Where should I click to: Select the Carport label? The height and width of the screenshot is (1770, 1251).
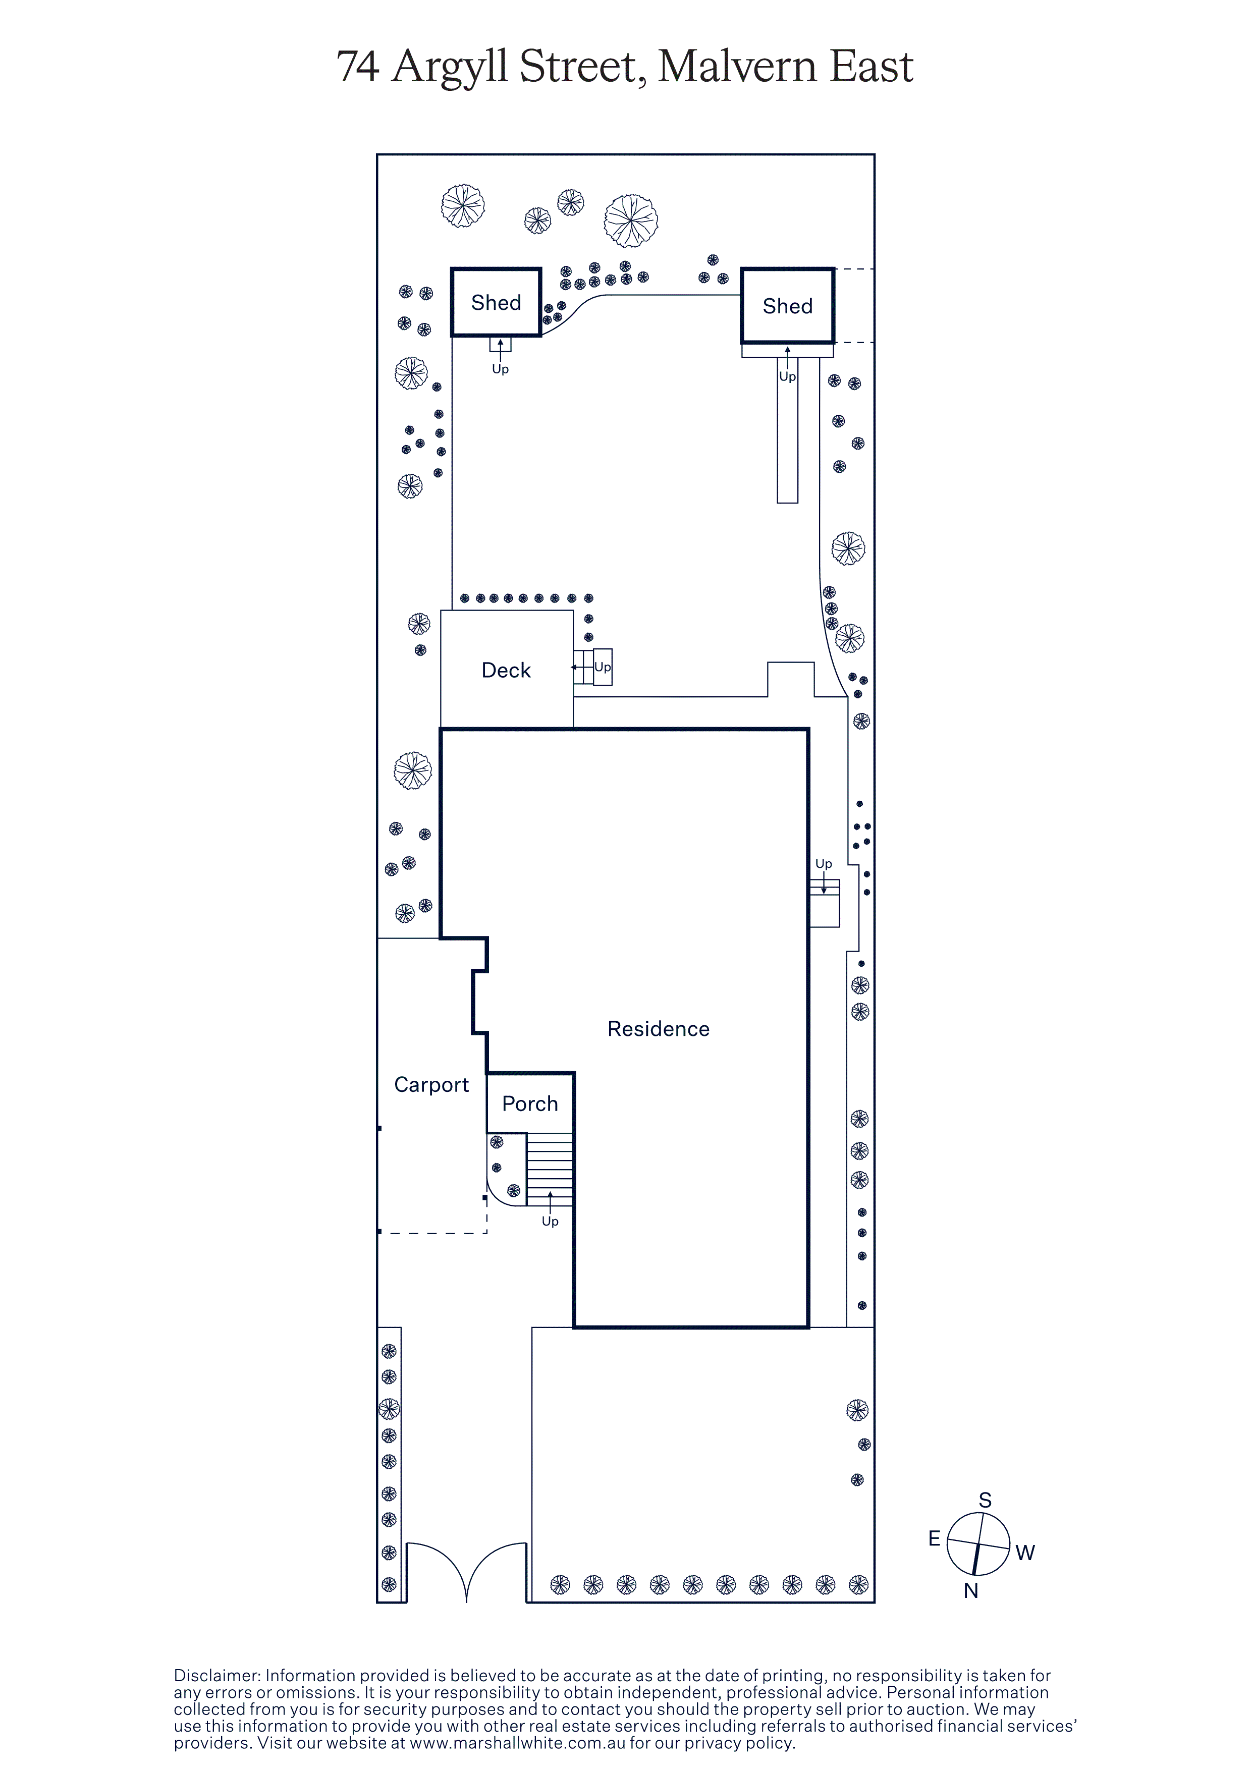[x=431, y=1085]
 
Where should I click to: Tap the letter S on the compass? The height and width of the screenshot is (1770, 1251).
[x=985, y=1500]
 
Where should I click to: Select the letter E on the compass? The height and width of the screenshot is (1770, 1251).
[x=934, y=1539]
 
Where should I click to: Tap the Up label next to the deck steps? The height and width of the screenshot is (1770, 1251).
[x=603, y=667]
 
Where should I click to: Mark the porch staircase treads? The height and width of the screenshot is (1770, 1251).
[x=550, y=1170]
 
